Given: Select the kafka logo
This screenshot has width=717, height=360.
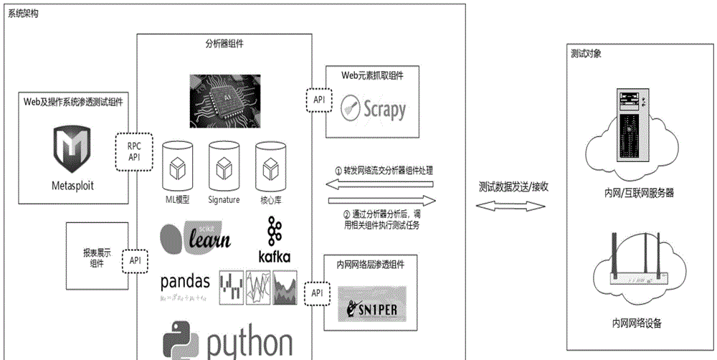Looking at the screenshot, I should coord(274,240).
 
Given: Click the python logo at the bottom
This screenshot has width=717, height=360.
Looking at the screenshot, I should coord(227,343).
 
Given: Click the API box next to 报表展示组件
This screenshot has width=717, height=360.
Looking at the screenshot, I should coord(135,260).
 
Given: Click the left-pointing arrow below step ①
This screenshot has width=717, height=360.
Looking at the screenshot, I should coord(381,186).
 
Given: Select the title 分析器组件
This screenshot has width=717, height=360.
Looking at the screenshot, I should coord(224,43).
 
